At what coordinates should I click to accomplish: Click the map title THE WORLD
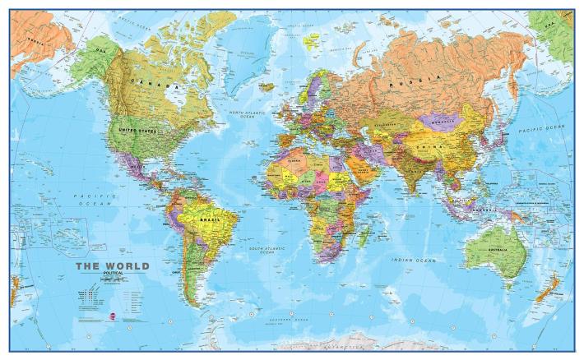click(113, 266)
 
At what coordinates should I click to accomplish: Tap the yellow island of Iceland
click(267, 85)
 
